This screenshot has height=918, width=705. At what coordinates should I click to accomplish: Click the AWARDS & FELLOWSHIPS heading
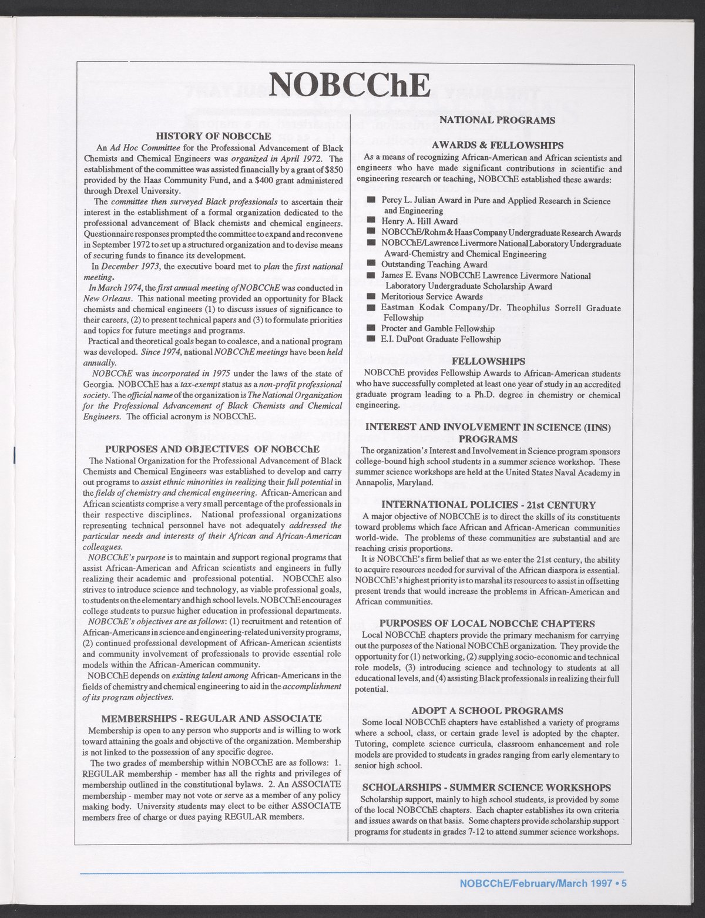(x=497, y=145)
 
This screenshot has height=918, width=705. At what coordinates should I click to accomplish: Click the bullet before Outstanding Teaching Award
(x=371, y=265)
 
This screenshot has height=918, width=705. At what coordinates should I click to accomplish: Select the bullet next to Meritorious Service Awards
(x=371, y=297)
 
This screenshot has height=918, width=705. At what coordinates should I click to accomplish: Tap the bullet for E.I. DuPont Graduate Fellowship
(x=371, y=339)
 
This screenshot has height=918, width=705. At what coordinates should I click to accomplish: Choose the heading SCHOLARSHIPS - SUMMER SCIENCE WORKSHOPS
(x=487, y=788)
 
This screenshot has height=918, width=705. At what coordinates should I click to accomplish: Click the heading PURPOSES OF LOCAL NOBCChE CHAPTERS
(x=487, y=624)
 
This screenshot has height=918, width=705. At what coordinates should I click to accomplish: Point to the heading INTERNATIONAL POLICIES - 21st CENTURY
(x=488, y=505)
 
